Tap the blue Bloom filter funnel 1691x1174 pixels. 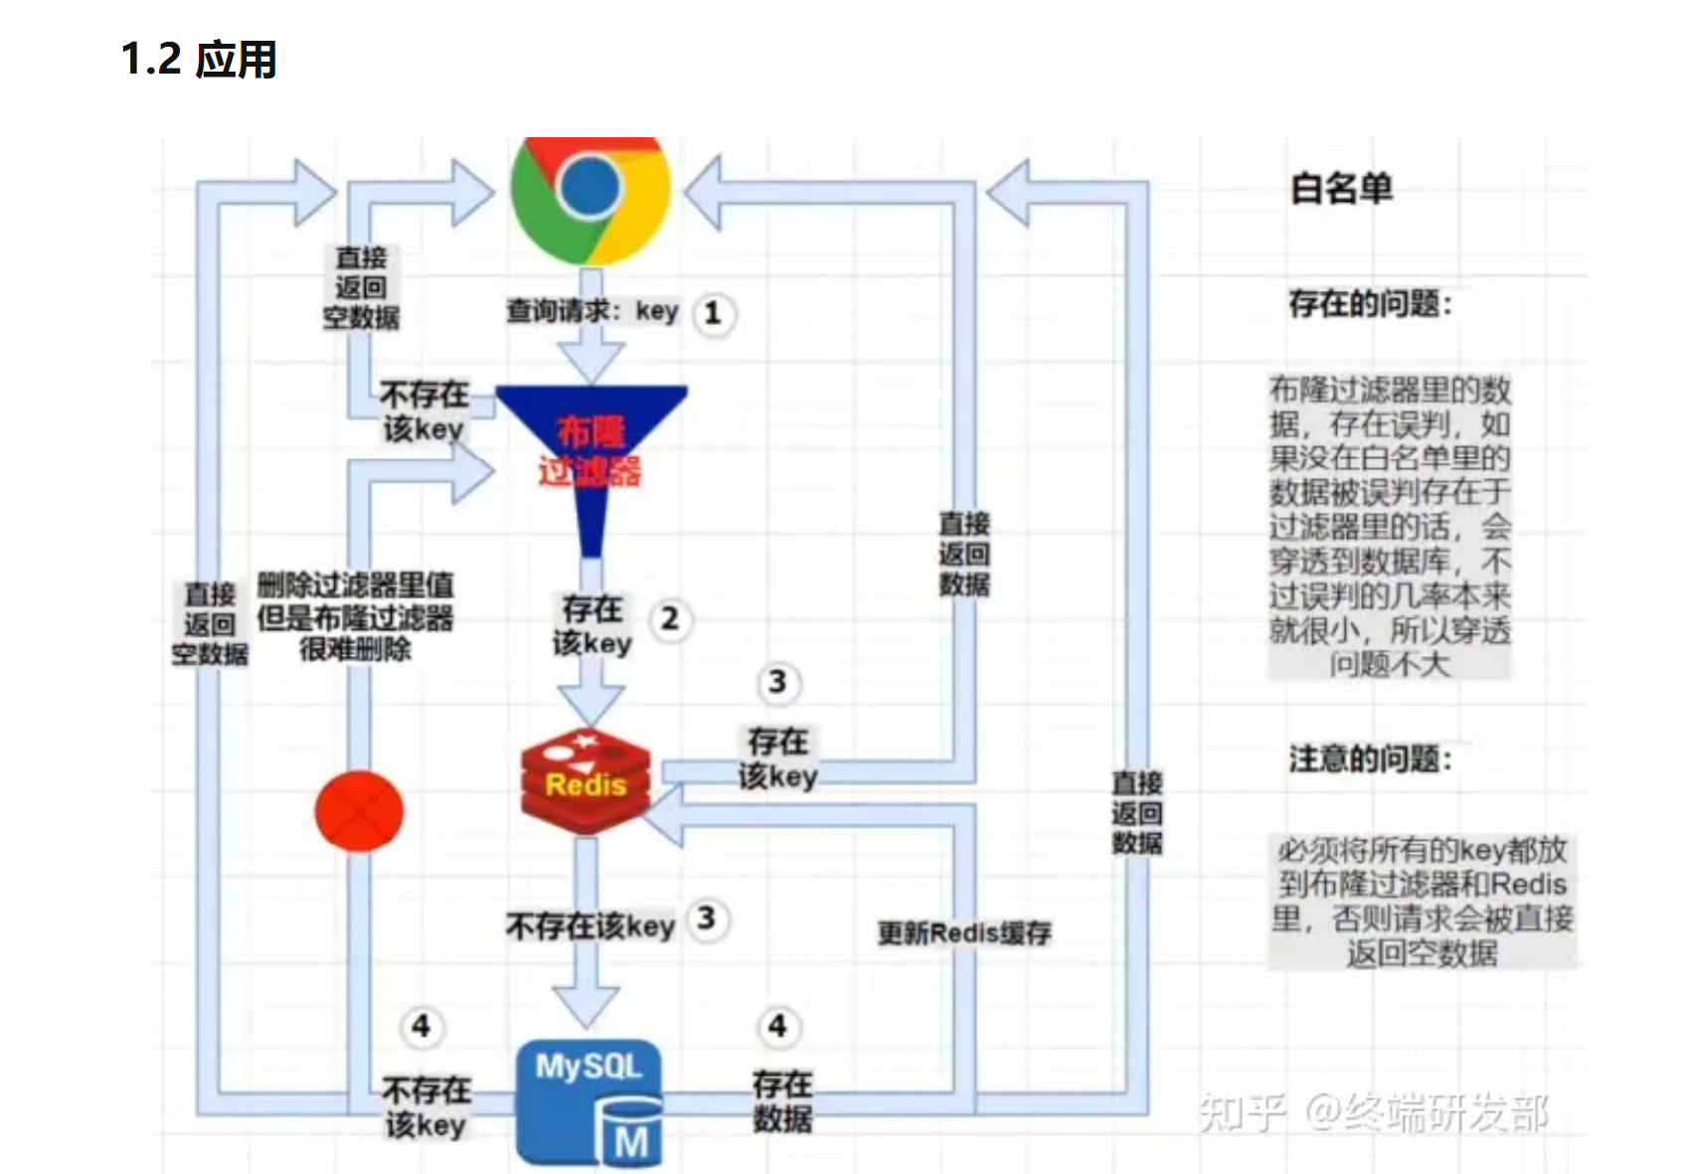592,447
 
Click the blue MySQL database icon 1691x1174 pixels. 590,1101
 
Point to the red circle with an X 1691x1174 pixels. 359,811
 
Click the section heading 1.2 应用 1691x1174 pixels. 199,60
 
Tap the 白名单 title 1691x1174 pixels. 1341,188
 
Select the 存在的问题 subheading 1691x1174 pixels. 1370,303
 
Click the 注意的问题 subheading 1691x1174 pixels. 1370,759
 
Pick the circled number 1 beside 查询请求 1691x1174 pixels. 712,314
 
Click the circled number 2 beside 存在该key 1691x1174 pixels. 670,619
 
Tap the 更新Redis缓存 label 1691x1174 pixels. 963,933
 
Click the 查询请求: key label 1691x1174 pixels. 592,311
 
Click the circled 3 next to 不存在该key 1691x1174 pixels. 706,919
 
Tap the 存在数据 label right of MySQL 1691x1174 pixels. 782,1101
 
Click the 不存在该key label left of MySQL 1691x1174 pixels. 425,1107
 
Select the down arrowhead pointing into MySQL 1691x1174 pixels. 587,1004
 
